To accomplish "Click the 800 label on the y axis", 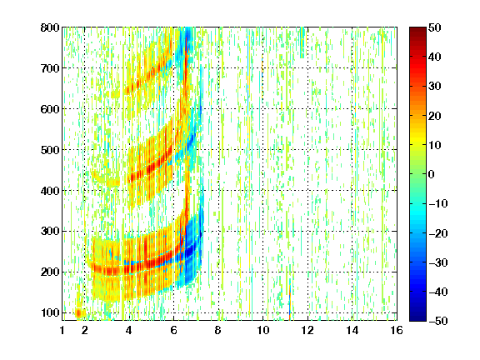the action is click(50, 27).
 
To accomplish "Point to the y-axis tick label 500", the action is click(50, 150).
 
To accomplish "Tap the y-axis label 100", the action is click(50, 312).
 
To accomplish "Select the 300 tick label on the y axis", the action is click(50, 232).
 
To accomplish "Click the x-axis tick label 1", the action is click(62, 331).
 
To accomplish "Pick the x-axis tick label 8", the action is click(218, 331).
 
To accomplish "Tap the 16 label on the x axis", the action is click(397, 331).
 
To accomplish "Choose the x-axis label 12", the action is click(307, 331).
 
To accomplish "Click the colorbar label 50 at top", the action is click(434, 27).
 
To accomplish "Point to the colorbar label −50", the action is click(438, 321).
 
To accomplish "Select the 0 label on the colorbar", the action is click(432, 174).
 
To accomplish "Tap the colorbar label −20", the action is click(438, 233).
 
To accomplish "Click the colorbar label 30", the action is click(434, 87).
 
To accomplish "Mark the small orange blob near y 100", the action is click(78, 312).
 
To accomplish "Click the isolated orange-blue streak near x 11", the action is click(290, 302).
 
